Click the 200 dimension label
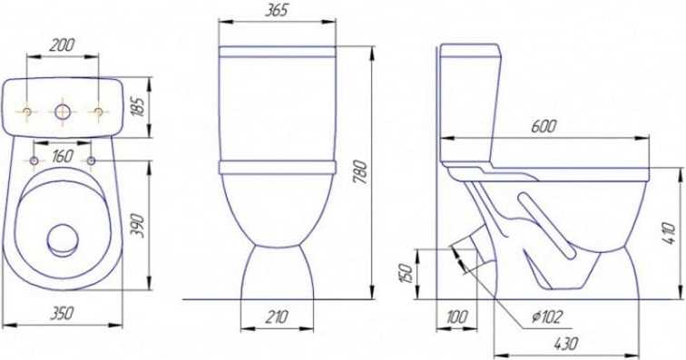(62, 45)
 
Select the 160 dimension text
(62, 156)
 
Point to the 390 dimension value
(138, 226)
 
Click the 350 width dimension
(62, 313)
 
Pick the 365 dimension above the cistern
(277, 11)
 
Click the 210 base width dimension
(277, 316)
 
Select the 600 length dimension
(544, 126)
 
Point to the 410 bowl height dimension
(670, 233)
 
